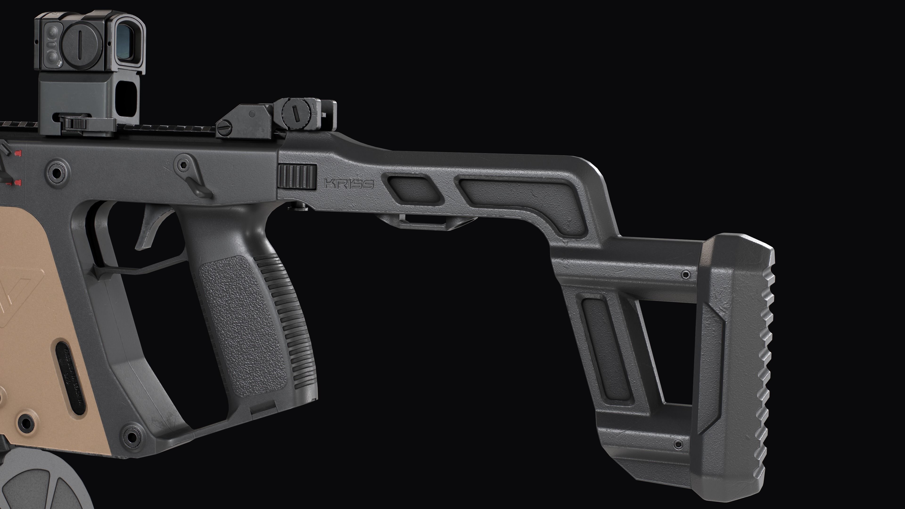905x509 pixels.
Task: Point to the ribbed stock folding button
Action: (x=297, y=177)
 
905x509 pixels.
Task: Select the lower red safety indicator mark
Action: (x=18, y=182)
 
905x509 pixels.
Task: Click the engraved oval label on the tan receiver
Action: (x=70, y=376)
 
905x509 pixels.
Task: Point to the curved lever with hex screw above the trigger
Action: (x=191, y=176)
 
